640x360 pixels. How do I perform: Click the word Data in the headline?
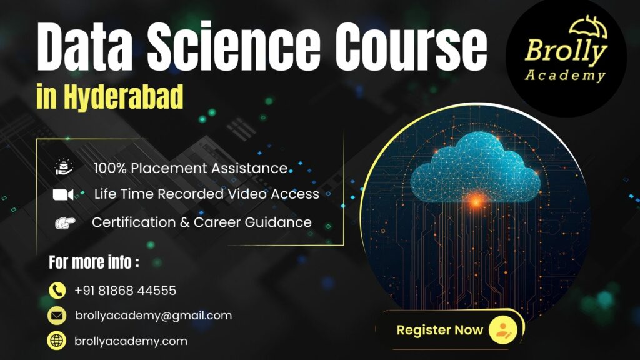coord(84,46)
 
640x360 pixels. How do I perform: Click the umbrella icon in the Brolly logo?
coord(588,27)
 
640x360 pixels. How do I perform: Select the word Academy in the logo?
coord(565,75)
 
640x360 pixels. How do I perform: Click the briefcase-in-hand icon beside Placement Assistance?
coord(64,167)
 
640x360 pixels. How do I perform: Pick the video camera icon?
coord(63,195)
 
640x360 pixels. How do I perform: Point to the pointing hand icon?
coord(65,223)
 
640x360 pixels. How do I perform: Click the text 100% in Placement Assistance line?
coord(110,168)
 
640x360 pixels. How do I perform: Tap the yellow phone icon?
coord(57,291)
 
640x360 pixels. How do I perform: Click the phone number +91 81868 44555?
coord(125,291)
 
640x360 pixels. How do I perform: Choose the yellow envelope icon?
coord(57,316)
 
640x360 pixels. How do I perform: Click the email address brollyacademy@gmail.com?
coord(154,316)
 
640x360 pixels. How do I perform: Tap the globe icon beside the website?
coord(57,341)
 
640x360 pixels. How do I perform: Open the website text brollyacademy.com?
coord(131,341)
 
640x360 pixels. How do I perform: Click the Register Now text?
coord(439,330)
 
